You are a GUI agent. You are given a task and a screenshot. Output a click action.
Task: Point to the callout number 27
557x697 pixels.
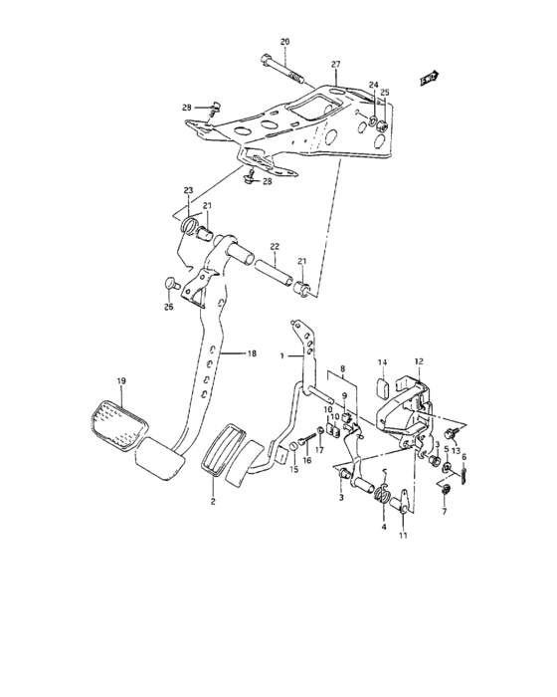pyautogui.click(x=335, y=63)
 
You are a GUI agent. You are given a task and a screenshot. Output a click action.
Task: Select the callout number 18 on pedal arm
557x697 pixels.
pyautogui.click(x=251, y=352)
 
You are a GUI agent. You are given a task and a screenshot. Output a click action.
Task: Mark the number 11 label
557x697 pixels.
pyautogui.click(x=403, y=538)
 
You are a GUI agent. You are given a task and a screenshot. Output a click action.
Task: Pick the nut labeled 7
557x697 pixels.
pyautogui.click(x=445, y=493)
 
